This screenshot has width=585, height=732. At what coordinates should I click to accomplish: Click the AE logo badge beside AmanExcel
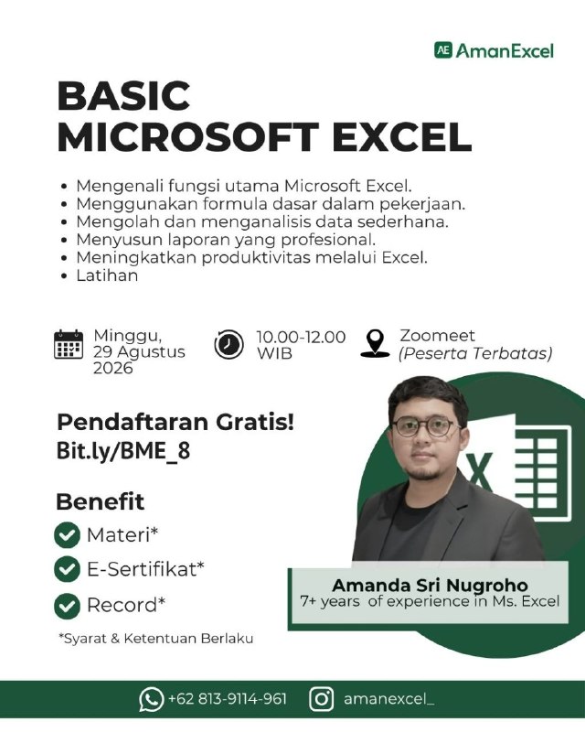[x=443, y=50]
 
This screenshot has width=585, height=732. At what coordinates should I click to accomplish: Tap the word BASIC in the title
[x=123, y=96]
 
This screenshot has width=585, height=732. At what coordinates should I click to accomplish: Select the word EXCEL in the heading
[x=401, y=136]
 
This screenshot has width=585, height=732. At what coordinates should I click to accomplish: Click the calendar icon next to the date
[x=69, y=345]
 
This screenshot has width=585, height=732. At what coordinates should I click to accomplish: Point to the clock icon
[x=229, y=345]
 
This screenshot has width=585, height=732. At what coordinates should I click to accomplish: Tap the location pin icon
[x=375, y=344]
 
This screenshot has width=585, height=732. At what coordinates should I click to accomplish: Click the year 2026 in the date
[x=113, y=369]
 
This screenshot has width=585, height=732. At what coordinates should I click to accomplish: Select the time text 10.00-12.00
[x=301, y=337]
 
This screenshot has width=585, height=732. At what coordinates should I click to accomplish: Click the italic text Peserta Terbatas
[x=475, y=353]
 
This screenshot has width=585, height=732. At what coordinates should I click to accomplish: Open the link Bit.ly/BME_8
[x=123, y=451]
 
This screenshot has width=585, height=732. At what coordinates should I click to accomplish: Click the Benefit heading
[x=101, y=501]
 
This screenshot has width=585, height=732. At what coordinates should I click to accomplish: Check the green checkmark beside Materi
[x=67, y=535]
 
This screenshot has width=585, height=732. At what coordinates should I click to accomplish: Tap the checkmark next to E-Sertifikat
[x=67, y=569]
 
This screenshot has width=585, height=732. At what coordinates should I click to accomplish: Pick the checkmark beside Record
[x=67, y=606]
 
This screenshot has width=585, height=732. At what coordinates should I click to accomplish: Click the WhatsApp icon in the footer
[x=151, y=699]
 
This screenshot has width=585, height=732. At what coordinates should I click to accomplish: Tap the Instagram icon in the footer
[x=322, y=699]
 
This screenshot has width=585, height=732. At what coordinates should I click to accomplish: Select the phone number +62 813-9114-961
[x=228, y=699]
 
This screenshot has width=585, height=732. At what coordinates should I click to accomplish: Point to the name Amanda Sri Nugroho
[x=430, y=585]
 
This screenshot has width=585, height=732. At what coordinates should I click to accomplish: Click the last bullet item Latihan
[x=107, y=275]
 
